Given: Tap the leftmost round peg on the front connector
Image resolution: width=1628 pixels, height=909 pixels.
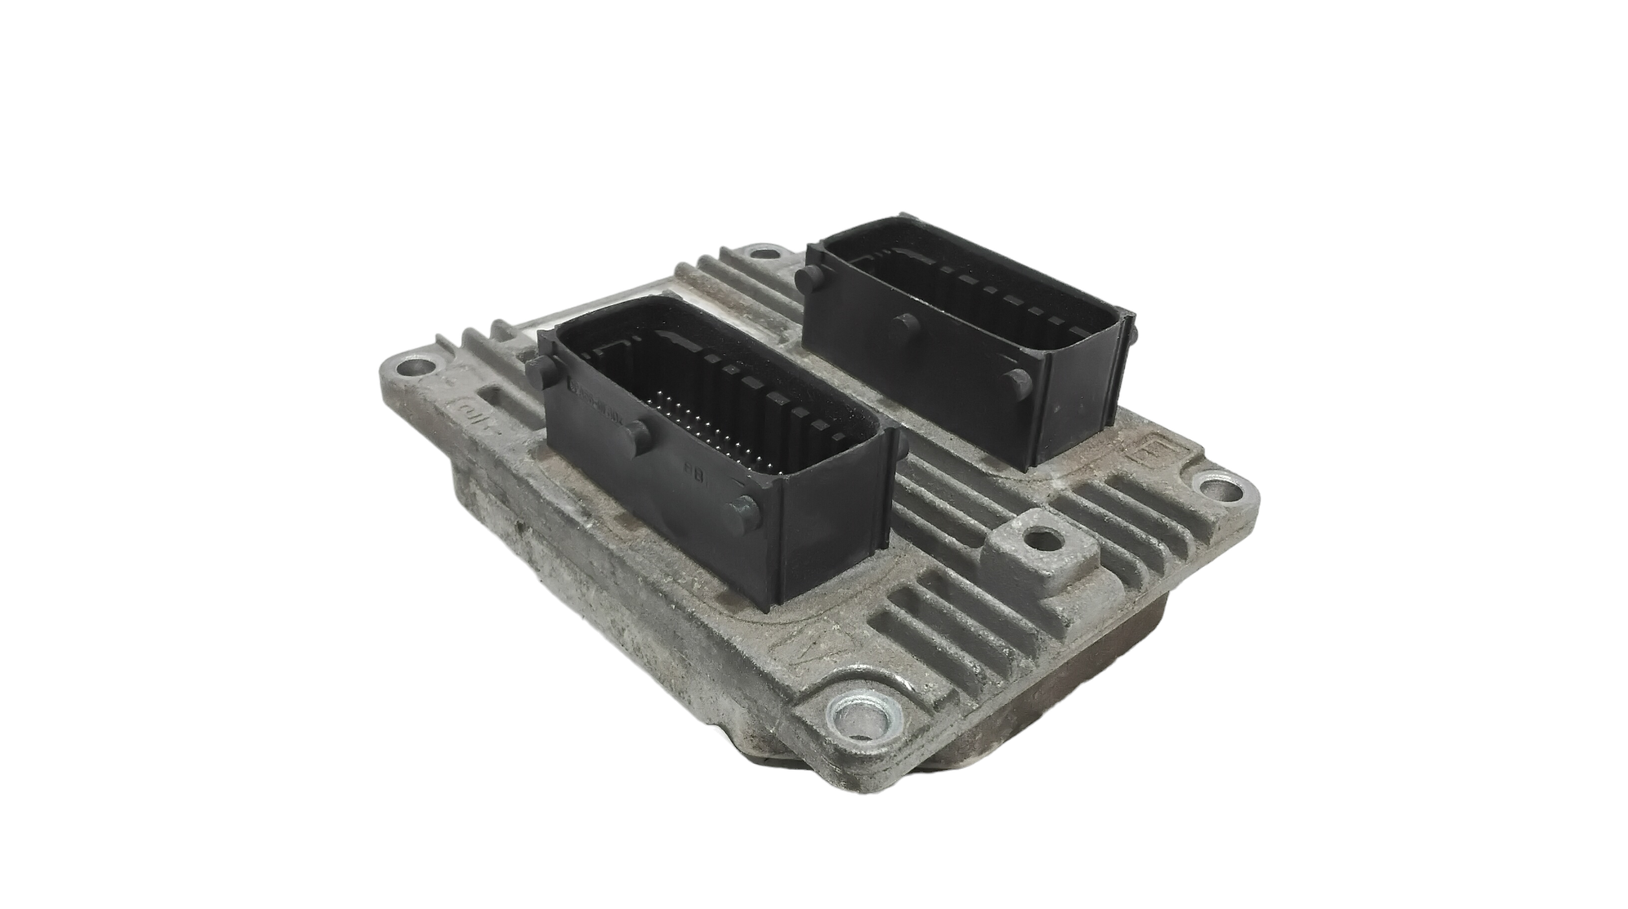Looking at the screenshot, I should [x=536, y=373].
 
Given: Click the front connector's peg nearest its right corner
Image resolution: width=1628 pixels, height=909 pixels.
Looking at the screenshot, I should [x=743, y=509].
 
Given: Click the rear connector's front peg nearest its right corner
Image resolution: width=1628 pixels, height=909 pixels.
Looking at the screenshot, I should [x=1014, y=380].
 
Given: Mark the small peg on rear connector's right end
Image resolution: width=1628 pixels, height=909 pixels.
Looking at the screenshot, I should [x=1128, y=326].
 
